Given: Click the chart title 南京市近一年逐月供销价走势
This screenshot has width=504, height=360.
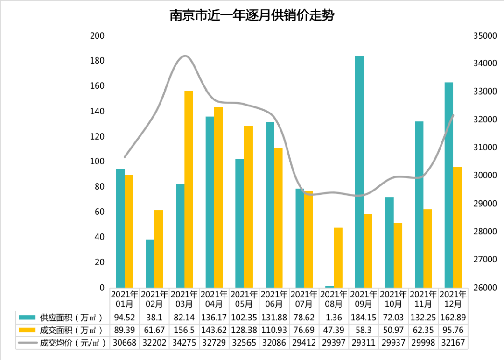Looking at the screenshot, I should tap(252, 16).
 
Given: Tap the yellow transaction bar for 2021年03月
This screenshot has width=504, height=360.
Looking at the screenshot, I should tap(189, 189).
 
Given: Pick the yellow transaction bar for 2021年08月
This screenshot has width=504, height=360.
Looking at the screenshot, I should tap(338, 257).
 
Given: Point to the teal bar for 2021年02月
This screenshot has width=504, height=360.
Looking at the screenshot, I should tap(150, 263).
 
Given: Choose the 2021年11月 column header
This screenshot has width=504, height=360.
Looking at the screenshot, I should tap(423, 299).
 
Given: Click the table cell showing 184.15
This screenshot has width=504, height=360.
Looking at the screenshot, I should tap(364, 318).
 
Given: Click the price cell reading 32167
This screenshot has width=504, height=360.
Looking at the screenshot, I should tap(453, 343).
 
